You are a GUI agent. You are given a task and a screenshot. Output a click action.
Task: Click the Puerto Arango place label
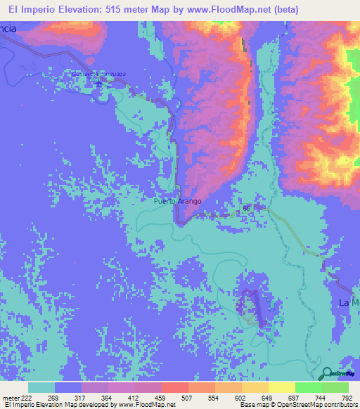click(x=178, y=201)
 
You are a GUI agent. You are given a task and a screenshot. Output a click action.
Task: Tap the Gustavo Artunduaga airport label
click(x=98, y=74)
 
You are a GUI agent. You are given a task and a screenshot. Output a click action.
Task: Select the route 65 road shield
click(x=246, y=209)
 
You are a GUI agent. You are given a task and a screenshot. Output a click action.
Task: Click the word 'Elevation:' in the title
click(x=73, y=10)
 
